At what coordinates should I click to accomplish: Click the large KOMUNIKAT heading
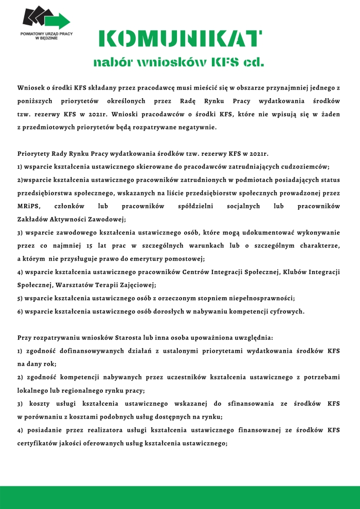[x=179, y=39]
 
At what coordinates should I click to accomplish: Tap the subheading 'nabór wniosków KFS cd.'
[x=178, y=63]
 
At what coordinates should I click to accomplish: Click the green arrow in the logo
[x=61, y=20]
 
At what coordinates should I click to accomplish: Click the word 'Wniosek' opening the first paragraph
[x=32, y=89]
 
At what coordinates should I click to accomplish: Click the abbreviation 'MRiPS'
[x=28, y=206]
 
